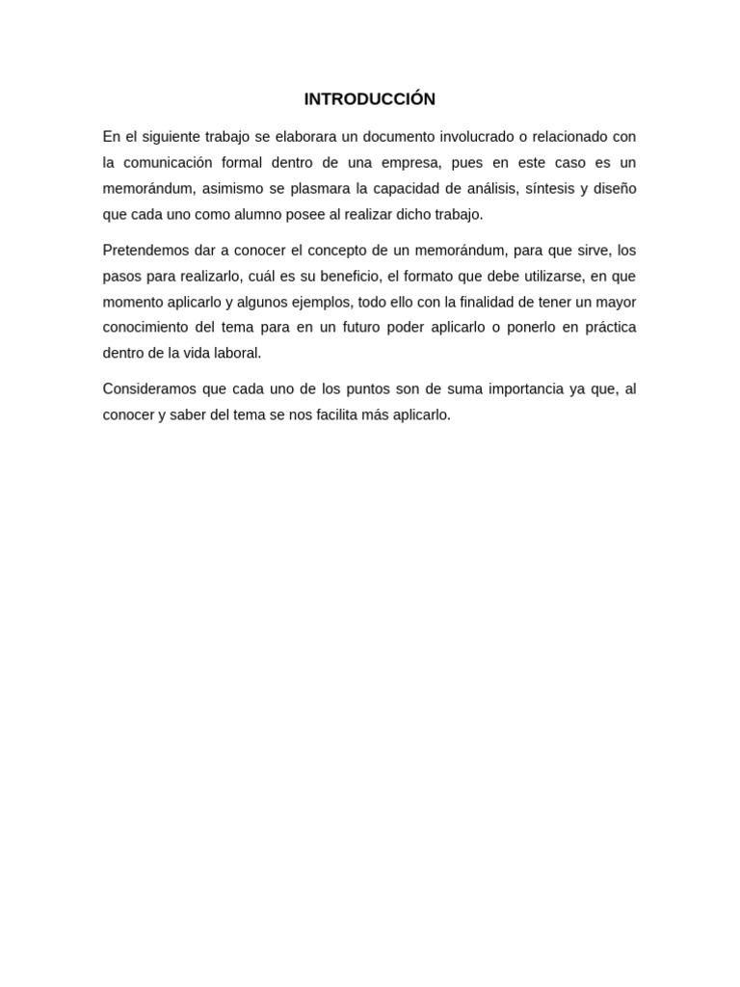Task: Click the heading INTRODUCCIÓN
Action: [x=369, y=99]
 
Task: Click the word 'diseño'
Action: [x=614, y=188]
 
